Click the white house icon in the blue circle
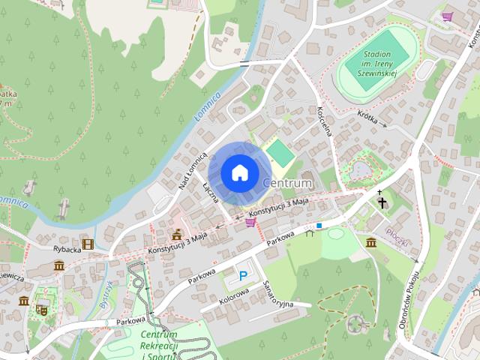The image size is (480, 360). click(239, 172)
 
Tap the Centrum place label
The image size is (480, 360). click(287, 183)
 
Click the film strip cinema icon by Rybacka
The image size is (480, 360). click(88, 244)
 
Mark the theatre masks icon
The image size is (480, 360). click(42, 308)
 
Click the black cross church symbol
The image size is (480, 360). click(382, 202)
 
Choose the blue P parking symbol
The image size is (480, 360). click(243, 276)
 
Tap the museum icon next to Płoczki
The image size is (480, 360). click(371, 242)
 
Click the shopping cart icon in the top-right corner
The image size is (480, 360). click(448, 16)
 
